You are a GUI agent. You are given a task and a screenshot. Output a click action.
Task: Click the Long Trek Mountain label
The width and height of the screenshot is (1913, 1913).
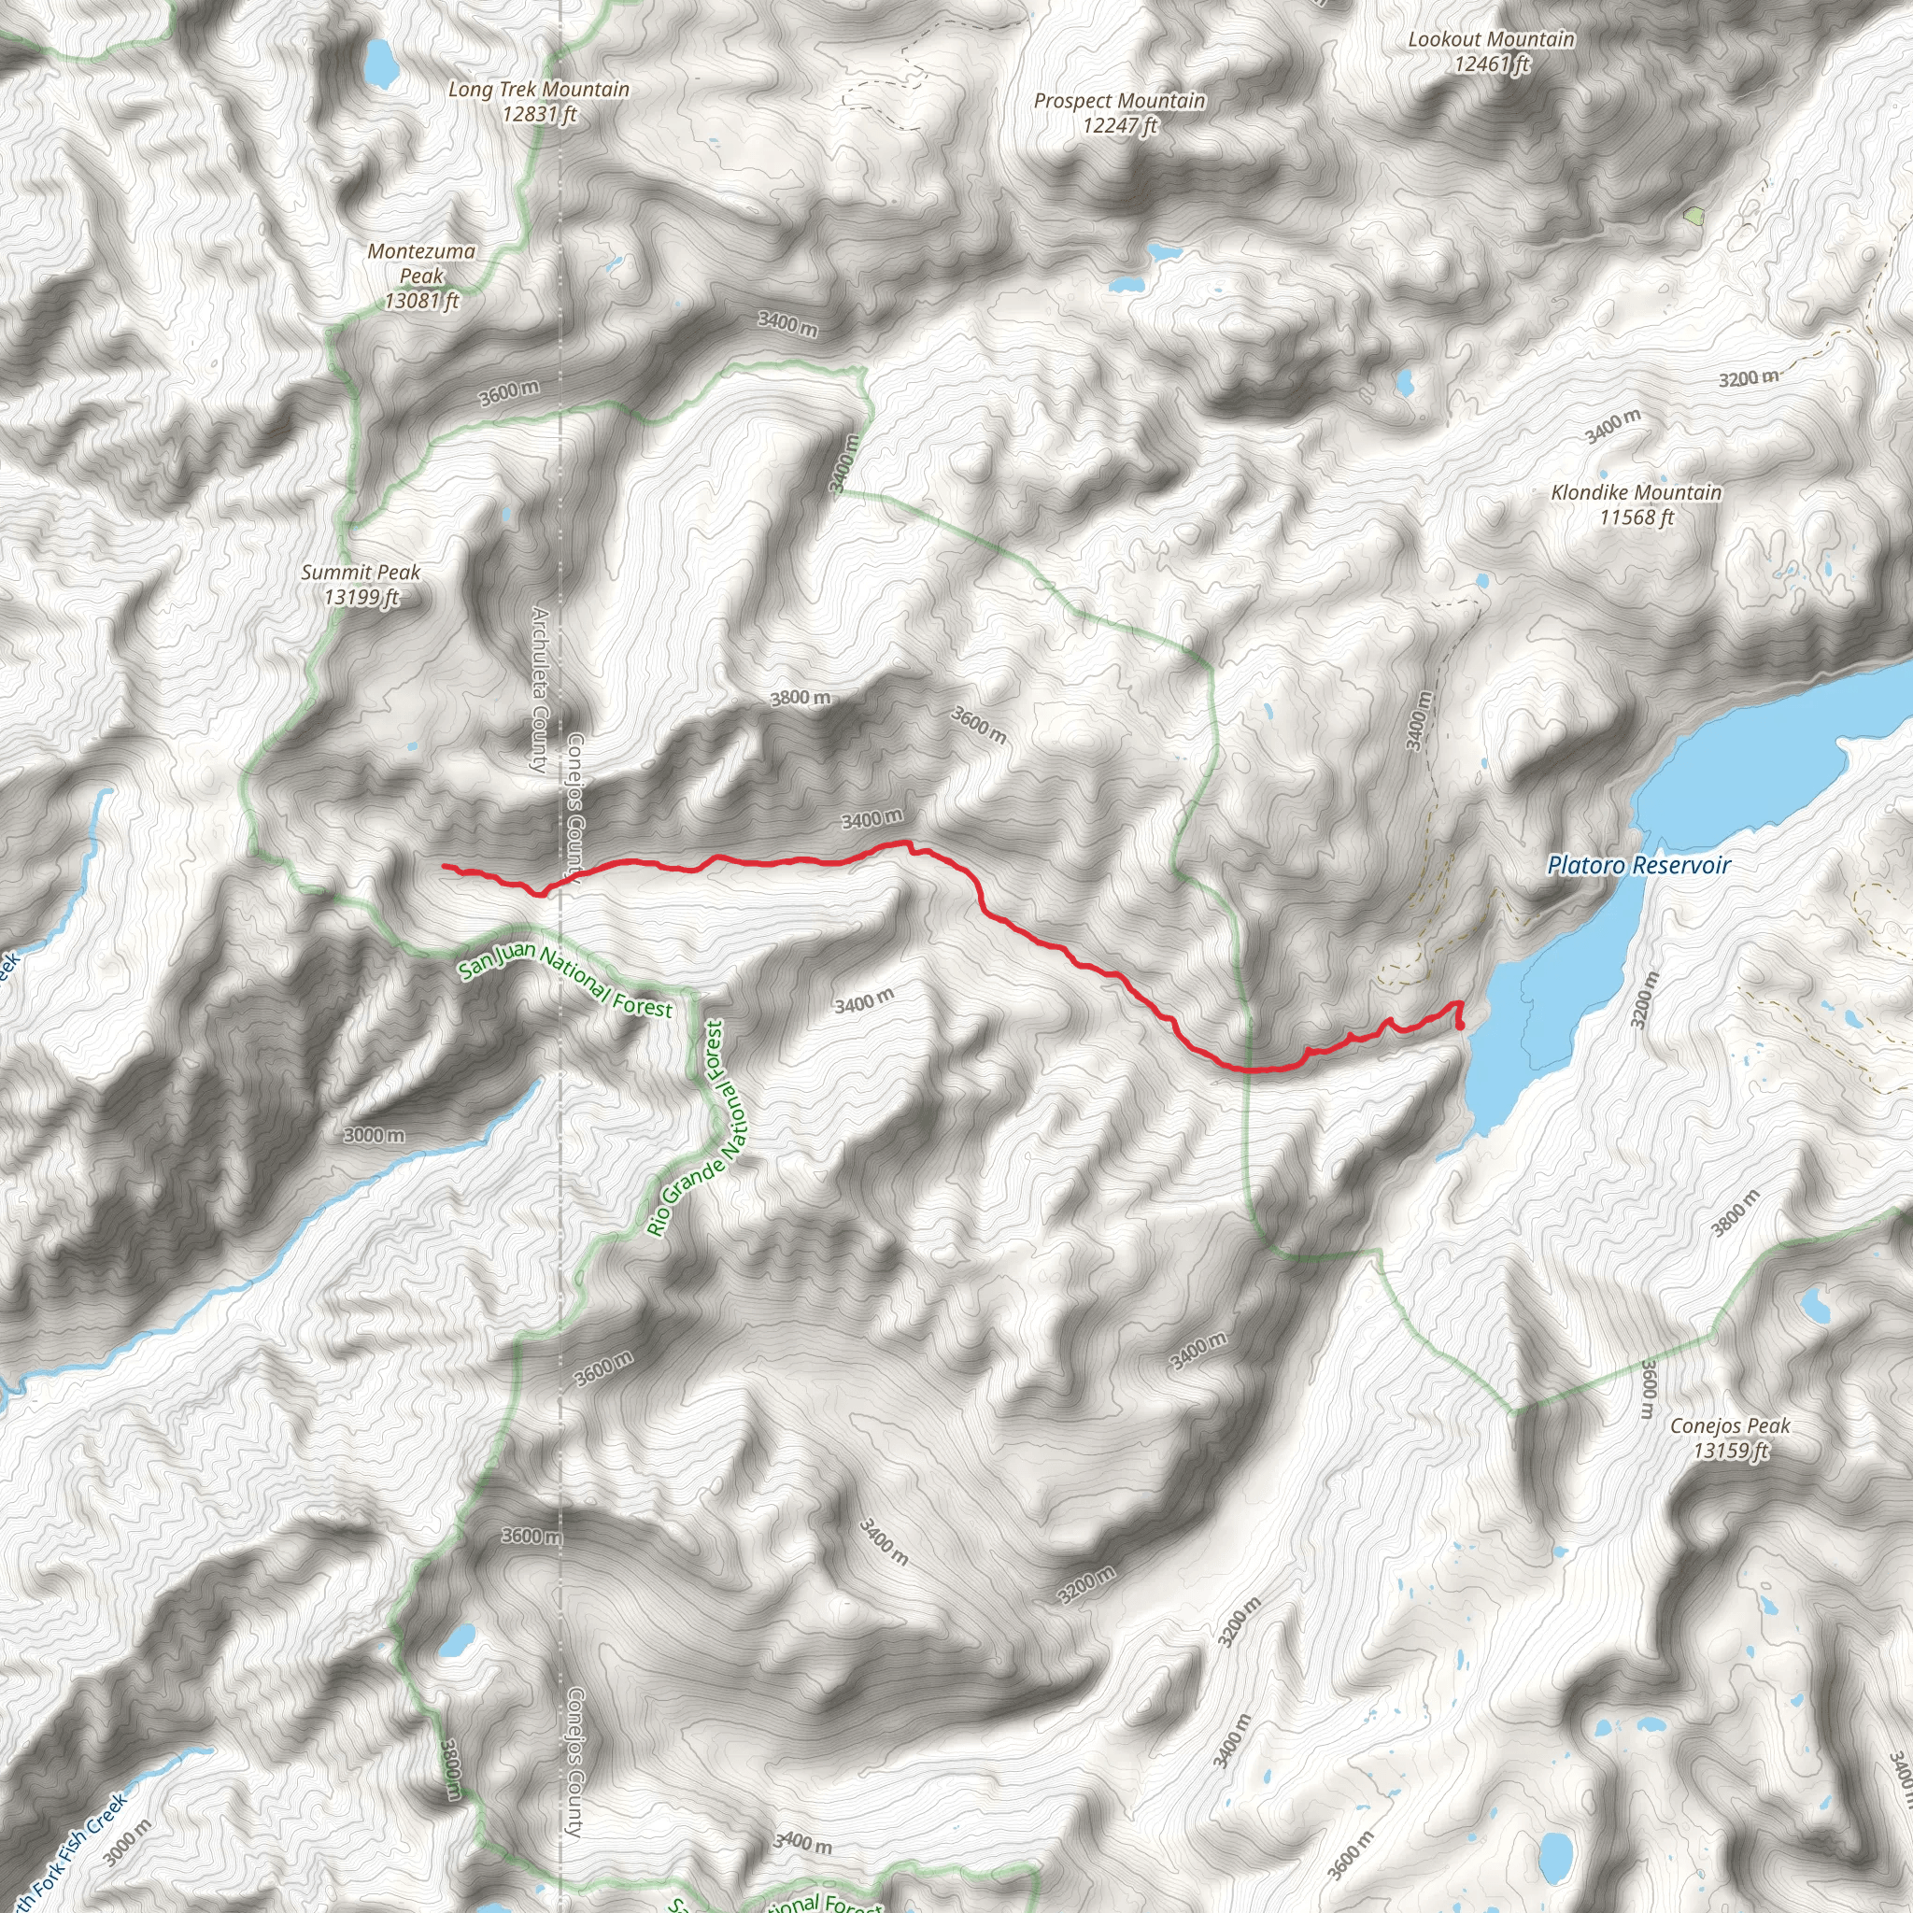click(x=539, y=89)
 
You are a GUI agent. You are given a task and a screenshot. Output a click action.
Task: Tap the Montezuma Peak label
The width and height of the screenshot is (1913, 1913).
click(x=422, y=263)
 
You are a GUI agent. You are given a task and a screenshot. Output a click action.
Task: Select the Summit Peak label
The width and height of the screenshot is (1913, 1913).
click(x=361, y=573)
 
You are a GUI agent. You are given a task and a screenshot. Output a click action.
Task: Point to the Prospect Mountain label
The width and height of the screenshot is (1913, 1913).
click(x=1120, y=101)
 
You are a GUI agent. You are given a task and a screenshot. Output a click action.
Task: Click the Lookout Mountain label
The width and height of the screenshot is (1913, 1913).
click(x=1491, y=39)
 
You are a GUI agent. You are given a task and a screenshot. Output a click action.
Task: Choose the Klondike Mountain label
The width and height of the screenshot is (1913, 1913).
click(x=1637, y=492)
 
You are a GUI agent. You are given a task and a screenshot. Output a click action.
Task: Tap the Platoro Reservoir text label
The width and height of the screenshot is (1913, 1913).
click(x=1638, y=865)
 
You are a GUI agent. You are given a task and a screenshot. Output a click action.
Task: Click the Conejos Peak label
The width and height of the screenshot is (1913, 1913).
click(x=1730, y=1425)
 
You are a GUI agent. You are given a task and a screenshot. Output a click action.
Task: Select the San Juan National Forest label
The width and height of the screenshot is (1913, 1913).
click(x=565, y=979)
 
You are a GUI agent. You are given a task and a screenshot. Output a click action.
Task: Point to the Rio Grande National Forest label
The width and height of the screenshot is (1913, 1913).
click(x=699, y=1127)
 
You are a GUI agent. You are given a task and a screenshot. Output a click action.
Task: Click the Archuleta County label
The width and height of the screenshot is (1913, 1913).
click(x=540, y=689)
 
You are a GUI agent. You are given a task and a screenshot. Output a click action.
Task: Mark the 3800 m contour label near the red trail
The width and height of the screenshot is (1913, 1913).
click(x=801, y=698)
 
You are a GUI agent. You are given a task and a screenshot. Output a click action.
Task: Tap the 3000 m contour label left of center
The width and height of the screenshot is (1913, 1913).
click(x=375, y=1135)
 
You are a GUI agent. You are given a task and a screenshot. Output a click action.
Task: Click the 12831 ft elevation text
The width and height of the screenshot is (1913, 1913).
click(x=539, y=114)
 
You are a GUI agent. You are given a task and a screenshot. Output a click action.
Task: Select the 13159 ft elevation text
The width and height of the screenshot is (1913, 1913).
click(x=1730, y=1451)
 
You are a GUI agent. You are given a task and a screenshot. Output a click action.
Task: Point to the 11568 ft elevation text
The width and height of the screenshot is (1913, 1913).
click(x=1637, y=517)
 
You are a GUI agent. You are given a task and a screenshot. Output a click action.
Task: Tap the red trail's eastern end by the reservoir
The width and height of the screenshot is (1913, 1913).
click(x=1462, y=1027)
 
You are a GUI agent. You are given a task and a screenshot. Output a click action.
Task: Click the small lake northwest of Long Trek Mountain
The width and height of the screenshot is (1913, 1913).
click(x=379, y=63)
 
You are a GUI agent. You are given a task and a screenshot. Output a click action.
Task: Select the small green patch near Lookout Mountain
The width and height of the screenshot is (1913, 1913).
click(x=1694, y=214)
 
